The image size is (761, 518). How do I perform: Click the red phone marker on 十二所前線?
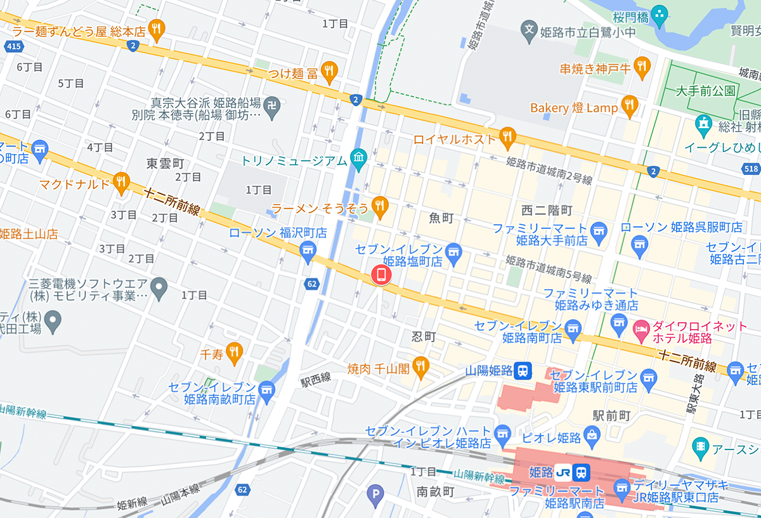pyautogui.click(x=380, y=275)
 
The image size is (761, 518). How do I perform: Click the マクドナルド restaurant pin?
pyautogui.click(x=120, y=183)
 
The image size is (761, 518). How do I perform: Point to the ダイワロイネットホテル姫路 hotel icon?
pyautogui.click(x=641, y=328)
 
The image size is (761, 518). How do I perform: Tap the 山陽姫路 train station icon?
pyautogui.click(x=523, y=370)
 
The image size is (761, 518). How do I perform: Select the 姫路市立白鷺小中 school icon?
pyautogui.click(x=528, y=29)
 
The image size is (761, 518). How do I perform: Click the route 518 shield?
pyautogui.click(x=751, y=169)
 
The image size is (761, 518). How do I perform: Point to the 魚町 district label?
pyautogui.click(x=441, y=218)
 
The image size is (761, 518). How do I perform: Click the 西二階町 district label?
pyautogui.click(x=547, y=210)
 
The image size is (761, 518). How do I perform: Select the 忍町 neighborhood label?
pyautogui.click(x=424, y=337)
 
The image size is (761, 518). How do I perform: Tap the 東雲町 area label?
pyautogui.click(x=165, y=163)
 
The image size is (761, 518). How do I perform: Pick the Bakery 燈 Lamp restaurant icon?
pyautogui.click(x=629, y=106)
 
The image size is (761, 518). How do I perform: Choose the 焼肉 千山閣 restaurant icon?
pyautogui.click(x=420, y=366)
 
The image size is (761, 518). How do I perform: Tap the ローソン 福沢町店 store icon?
pyautogui.click(x=308, y=250)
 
